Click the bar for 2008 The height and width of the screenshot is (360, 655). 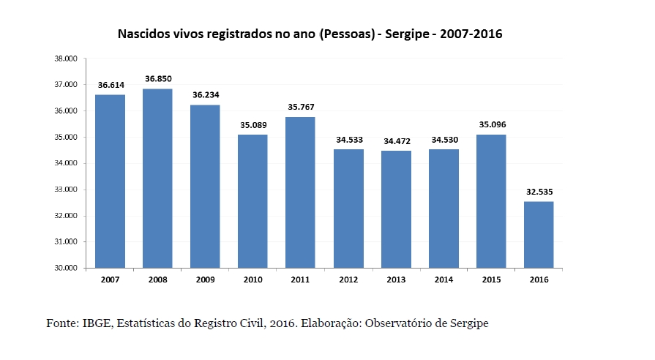[x=157, y=178]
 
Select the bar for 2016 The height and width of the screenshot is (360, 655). [x=539, y=234]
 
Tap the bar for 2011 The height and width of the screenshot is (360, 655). [x=300, y=192]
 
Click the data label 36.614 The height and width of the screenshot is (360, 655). [x=110, y=85]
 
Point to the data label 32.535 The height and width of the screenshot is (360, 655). [x=539, y=191]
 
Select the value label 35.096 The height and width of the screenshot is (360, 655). [x=491, y=124]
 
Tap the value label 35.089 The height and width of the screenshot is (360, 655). [x=253, y=124]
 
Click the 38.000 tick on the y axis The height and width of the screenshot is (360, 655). [x=67, y=59]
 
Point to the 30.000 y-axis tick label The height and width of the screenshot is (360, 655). [x=67, y=268]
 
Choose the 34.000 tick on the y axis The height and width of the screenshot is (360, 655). [x=67, y=163]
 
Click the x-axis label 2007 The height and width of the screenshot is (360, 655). [x=110, y=279]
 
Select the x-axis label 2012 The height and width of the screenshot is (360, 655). [x=348, y=279]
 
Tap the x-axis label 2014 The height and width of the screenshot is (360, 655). [x=443, y=279]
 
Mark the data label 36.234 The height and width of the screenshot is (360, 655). [x=205, y=95]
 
